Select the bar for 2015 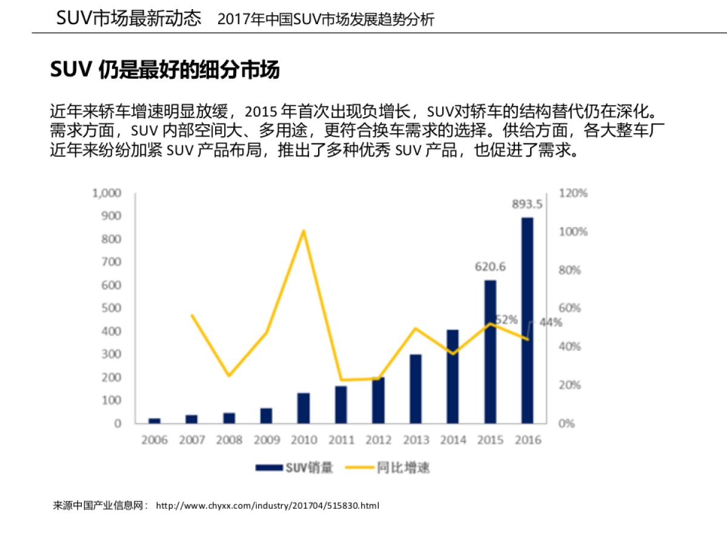tap(490, 351)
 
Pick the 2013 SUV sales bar tap(416, 388)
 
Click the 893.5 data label tap(527, 204)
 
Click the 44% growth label tap(550, 323)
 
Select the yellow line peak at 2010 tap(303, 231)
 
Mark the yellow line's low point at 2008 tap(229, 375)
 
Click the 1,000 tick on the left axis tap(107, 193)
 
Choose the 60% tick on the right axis tap(569, 308)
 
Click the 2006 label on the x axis tap(154, 440)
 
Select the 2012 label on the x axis tap(378, 440)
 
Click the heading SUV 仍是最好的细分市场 tap(165, 70)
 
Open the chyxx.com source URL tap(267, 505)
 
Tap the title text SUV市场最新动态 tap(128, 18)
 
